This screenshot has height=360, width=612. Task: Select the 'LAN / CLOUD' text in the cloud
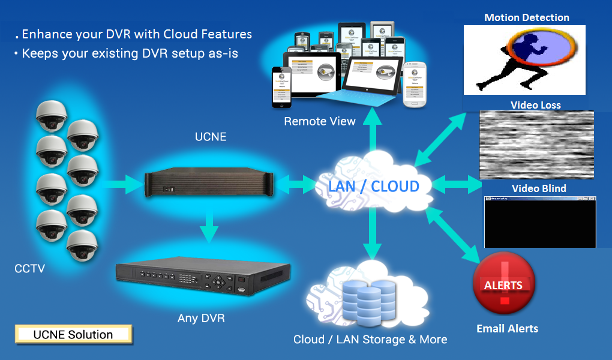[x=373, y=186]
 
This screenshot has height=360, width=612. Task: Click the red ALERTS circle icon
[x=503, y=284]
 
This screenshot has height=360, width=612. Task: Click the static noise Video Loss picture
[x=536, y=145]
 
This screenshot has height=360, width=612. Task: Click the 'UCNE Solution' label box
[x=73, y=334]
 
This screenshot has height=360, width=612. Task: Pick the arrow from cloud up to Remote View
[x=373, y=129]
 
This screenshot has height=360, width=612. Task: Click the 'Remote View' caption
[x=320, y=121]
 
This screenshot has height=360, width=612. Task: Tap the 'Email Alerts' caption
[x=507, y=328]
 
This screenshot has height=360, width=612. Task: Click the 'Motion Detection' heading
[x=526, y=17]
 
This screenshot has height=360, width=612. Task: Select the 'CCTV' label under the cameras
[x=29, y=269]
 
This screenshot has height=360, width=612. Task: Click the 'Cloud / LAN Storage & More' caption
[x=370, y=340]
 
